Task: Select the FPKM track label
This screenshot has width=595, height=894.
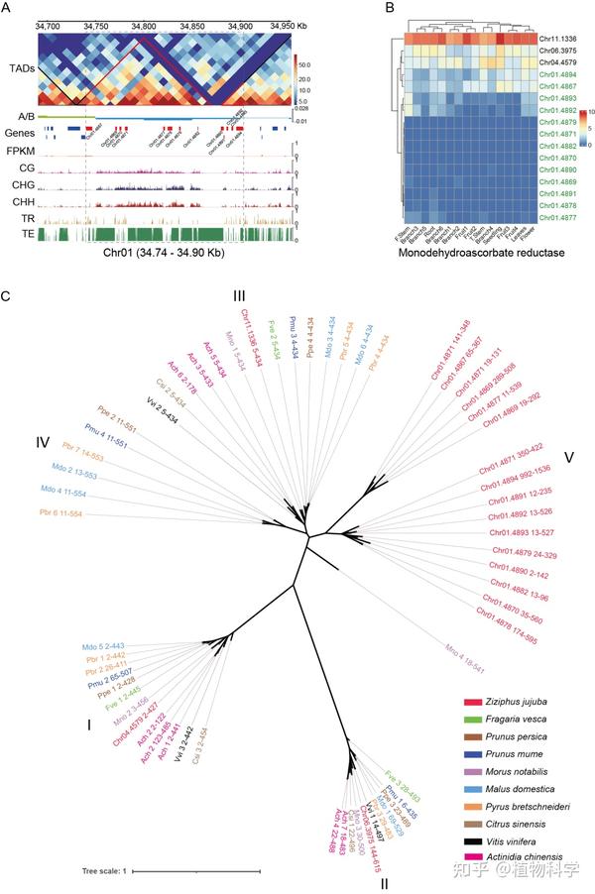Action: [x=19, y=152]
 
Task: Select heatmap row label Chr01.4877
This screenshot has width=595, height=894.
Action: [x=538, y=216]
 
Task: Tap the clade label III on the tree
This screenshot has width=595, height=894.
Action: [x=240, y=296]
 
